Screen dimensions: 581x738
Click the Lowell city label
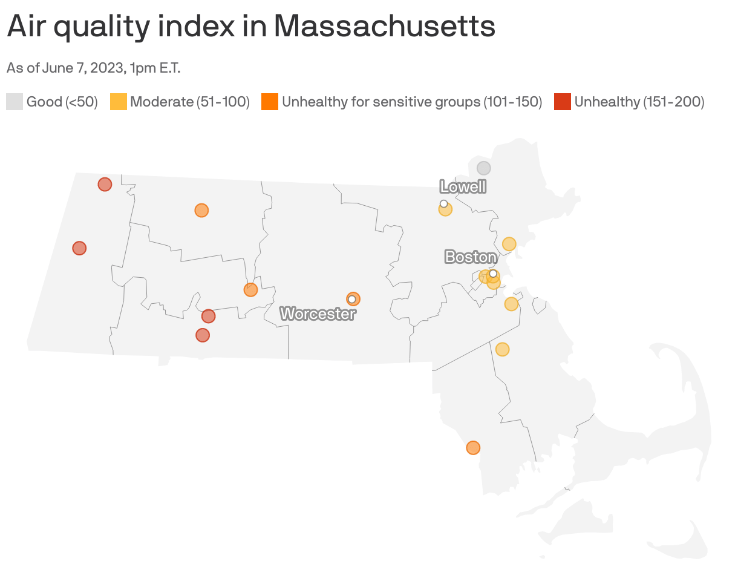point(463,186)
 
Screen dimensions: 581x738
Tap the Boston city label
point(471,257)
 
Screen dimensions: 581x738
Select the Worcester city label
point(318,314)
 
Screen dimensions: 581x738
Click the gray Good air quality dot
point(483,168)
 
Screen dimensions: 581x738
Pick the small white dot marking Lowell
point(444,203)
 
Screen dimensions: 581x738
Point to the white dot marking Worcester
point(351,299)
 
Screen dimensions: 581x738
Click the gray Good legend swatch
point(15,102)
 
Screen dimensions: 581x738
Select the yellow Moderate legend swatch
point(119,102)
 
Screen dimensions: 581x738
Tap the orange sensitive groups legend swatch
point(270,102)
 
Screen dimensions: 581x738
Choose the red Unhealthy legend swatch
point(563,102)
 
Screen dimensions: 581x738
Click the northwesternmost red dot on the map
point(105,185)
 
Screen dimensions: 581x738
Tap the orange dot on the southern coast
point(473,448)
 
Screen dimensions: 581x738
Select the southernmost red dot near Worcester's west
point(203,335)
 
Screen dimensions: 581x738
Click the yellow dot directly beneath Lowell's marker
point(446,210)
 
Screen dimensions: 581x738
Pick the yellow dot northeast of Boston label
point(509,244)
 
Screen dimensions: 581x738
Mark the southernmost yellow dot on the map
point(502,349)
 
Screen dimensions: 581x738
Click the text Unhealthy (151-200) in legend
point(639,102)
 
